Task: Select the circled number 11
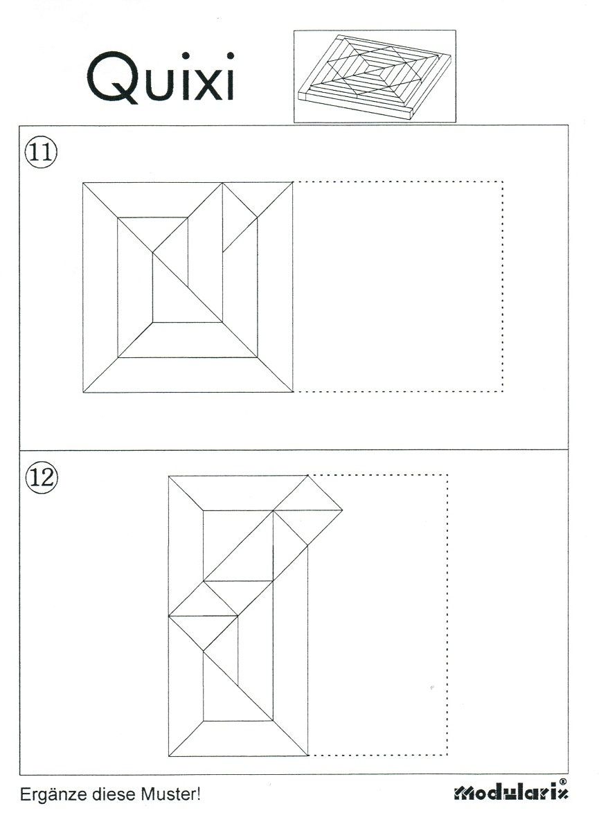(x=41, y=153)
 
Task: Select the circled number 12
(x=42, y=477)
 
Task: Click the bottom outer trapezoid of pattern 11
(x=188, y=375)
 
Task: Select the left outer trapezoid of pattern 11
(x=100, y=287)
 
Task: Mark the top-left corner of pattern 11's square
(x=83, y=183)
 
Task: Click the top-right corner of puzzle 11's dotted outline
(x=503, y=181)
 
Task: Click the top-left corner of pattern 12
(x=169, y=476)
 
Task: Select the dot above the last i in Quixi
(x=230, y=56)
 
